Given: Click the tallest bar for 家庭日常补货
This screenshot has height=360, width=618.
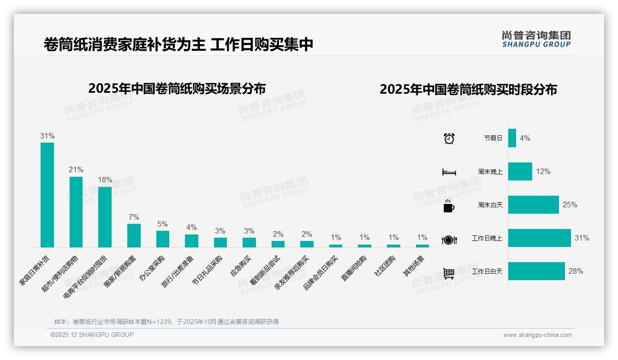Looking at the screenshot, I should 47,195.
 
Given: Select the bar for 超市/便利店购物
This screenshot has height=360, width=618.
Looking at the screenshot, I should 76,212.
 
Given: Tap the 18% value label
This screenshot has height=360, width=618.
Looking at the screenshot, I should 105,180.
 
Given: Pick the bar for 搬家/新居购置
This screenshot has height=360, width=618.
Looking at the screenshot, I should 134,235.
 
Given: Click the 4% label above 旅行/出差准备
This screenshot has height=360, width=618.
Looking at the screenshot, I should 191,228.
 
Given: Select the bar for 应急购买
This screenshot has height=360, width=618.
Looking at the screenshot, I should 249,242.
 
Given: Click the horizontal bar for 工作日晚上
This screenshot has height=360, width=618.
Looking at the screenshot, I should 539,238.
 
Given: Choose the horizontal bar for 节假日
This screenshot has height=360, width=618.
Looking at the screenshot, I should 512,138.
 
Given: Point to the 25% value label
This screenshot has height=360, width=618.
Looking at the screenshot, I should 570,205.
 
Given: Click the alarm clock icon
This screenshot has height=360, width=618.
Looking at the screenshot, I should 449,138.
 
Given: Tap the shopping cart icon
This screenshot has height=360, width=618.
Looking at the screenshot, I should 449,273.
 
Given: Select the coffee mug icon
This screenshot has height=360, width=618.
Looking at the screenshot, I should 449,206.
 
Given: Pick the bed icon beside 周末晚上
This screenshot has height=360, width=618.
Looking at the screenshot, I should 449,172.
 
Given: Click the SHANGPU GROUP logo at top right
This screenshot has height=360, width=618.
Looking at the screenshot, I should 536,39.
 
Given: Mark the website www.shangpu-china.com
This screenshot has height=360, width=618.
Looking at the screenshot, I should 537,335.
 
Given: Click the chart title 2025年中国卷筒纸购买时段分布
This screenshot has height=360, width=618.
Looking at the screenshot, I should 468,89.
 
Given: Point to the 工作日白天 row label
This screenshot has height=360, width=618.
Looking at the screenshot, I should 487,271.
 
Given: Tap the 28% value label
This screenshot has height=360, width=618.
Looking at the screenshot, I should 576,271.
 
